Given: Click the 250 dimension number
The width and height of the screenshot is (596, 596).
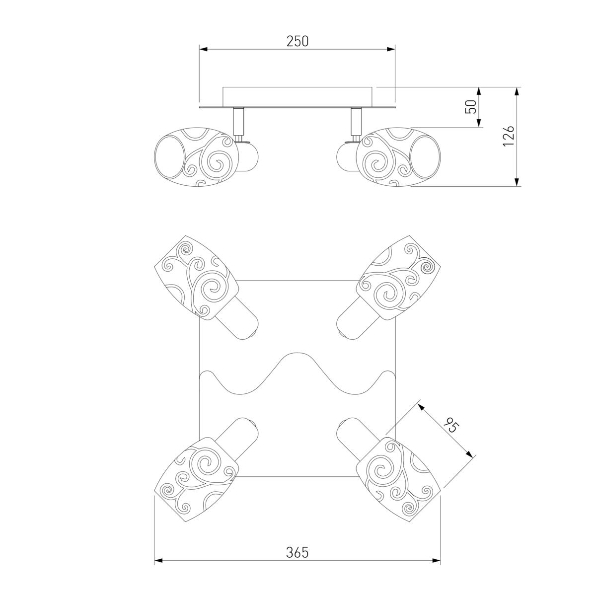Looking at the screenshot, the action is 297,41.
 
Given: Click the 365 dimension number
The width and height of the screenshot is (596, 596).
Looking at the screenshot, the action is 297,552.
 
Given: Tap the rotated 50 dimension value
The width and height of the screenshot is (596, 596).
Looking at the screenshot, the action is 471,107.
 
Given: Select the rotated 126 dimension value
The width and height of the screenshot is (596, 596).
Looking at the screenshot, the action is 509,136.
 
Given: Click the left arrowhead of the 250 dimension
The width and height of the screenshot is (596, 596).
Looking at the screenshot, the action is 203,49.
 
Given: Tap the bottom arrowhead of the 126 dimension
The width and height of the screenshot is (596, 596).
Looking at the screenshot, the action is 517,182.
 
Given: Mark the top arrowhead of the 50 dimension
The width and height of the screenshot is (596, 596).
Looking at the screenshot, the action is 479,91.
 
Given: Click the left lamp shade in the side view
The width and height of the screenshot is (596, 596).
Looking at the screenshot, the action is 196,157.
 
